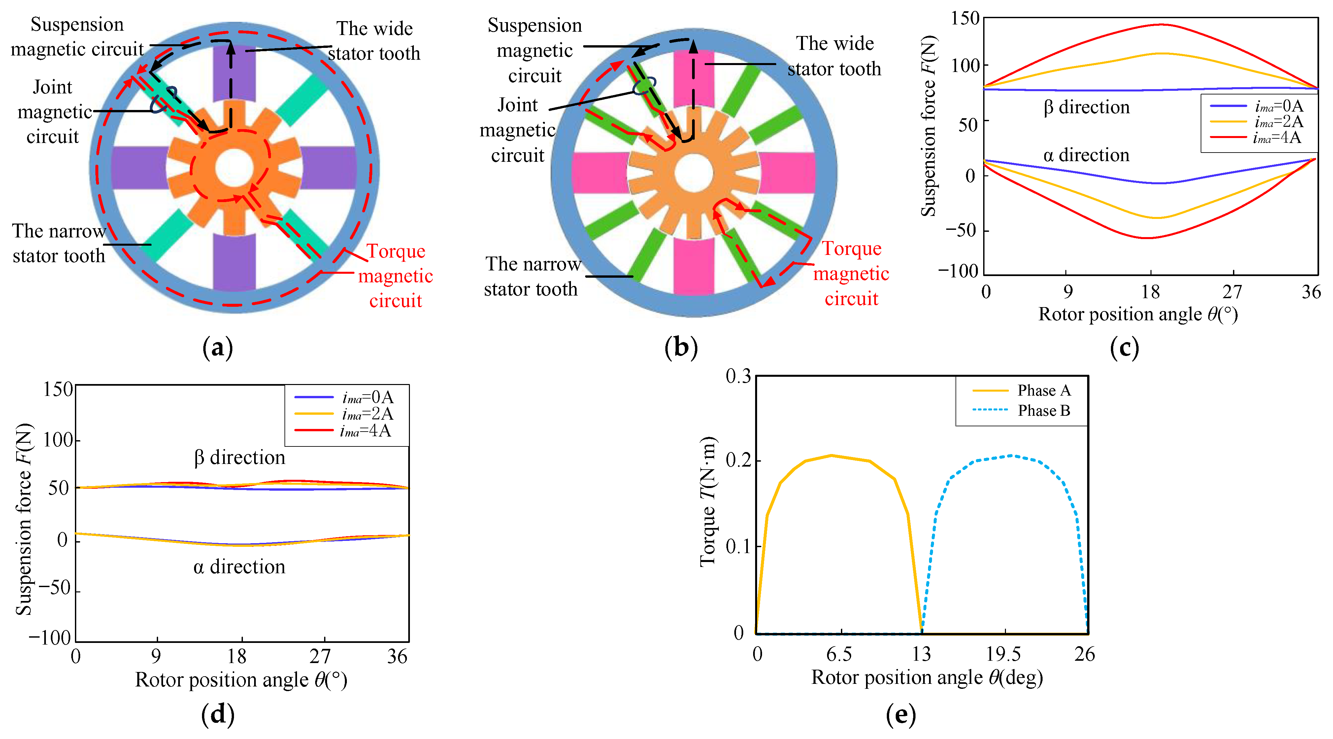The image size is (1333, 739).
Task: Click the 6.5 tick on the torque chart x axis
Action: [839, 654]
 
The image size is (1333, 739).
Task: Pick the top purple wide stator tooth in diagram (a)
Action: [234, 73]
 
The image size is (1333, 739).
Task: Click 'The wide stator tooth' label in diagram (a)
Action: [374, 41]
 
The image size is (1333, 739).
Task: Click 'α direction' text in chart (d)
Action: [239, 567]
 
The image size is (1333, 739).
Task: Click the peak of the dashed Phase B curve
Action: [1012, 456]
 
